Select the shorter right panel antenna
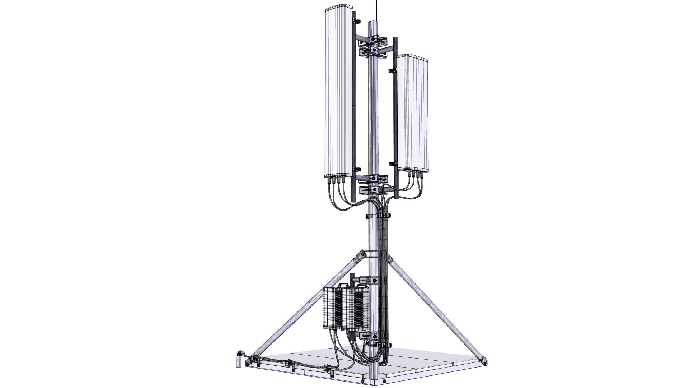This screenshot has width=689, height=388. point(413,111)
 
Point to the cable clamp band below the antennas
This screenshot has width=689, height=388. point(378,216)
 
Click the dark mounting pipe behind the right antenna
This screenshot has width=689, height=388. point(395,119)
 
